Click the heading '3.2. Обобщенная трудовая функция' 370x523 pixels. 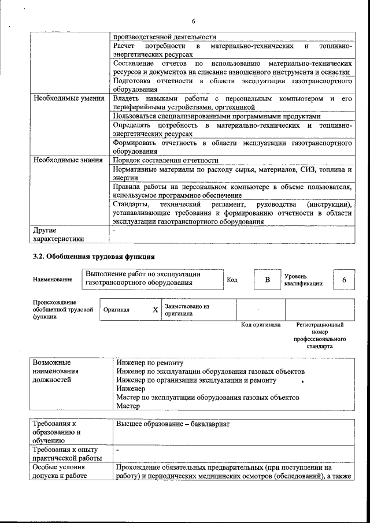tap(92, 255)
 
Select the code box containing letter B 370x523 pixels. tap(267, 280)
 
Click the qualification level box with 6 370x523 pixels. tap(344, 280)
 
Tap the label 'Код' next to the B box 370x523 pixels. tap(232, 280)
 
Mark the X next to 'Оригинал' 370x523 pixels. tap(155, 310)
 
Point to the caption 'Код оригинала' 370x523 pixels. tap(260, 325)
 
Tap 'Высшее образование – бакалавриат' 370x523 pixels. tap(173, 424)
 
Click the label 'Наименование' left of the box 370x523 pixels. tap(53, 280)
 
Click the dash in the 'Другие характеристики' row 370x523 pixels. tap(115, 230)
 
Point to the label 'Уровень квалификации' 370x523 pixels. tap(303, 280)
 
